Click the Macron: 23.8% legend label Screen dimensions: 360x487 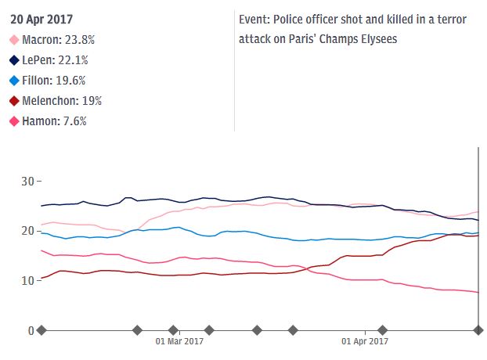pyautogui.click(x=59, y=40)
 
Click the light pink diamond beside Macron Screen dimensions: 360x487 pyautogui.click(x=14, y=40)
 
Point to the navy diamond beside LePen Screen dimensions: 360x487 pyautogui.click(x=14, y=60)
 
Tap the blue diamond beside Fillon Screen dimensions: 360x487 pyautogui.click(x=14, y=81)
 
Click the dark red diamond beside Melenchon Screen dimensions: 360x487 pyautogui.click(x=14, y=101)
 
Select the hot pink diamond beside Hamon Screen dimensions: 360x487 pyautogui.click(x=14, y=121)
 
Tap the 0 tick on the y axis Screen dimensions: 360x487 pyautogui.click(x=31, y=330)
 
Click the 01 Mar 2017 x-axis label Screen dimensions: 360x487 pyautogui.click(x=181, y=341)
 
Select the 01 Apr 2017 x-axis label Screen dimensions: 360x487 pyautogui.click(x=365, y=341)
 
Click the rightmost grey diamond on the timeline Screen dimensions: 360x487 pyautogui.click(x=478, y=330)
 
